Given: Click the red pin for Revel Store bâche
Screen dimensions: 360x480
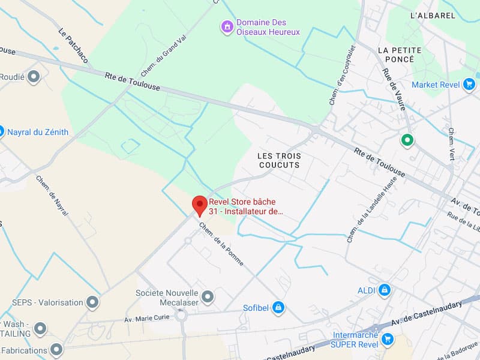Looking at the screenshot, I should point(199,204).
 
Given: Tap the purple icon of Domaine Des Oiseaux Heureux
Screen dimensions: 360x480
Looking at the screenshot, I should point(227,26).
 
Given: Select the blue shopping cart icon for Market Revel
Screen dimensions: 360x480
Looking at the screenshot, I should point(470,85).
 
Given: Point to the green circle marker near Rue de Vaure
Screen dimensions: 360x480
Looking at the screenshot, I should point(407,140).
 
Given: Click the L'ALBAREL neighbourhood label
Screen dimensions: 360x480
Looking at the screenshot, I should point(433,16).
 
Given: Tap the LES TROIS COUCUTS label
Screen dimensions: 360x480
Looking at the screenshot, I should point(279,161).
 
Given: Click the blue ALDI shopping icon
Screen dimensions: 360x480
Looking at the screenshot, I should point(384,291).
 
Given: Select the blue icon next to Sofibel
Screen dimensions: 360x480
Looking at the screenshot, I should point(278,308).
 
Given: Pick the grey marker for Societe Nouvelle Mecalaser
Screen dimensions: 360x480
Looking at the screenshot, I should point(208,296).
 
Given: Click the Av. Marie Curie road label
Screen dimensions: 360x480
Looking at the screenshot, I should point(148,319).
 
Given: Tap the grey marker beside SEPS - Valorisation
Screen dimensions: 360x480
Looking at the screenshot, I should point(92,302).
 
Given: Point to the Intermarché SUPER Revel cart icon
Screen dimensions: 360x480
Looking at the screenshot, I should point(388,340).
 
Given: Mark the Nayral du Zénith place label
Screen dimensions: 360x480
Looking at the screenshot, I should point(38,132).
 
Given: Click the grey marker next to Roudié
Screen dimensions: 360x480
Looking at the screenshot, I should point(34,76).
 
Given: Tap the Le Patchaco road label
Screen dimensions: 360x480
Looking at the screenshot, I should point(73,46).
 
